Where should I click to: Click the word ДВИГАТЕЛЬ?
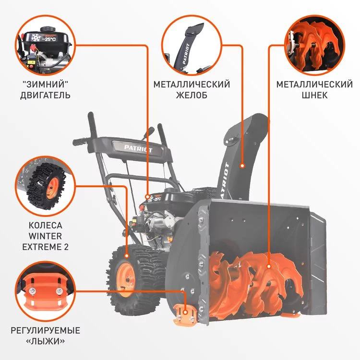tap(45, 95)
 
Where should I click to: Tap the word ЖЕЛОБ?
tap(192, 95)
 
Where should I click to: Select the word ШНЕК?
tap(314, 95)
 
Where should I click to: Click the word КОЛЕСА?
tap(46, 225)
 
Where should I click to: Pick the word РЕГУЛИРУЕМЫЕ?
tap(46, 330)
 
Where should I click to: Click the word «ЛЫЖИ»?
tap(46, 341)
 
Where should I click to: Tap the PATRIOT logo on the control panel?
tap(138, 148)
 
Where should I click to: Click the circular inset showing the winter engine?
tap(45, 45)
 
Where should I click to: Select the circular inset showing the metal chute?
tap(192, 45)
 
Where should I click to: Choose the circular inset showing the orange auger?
tap(314, 45)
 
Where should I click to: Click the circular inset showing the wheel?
tap(45, 186)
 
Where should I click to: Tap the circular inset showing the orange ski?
tap(45, 291)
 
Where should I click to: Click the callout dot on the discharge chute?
tap(242, 166)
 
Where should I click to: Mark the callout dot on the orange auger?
tap(269, 266)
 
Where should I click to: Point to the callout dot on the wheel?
tap(127, 255)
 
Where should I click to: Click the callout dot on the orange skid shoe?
tap(185, 312)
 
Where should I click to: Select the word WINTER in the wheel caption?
tap(46, 236)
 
